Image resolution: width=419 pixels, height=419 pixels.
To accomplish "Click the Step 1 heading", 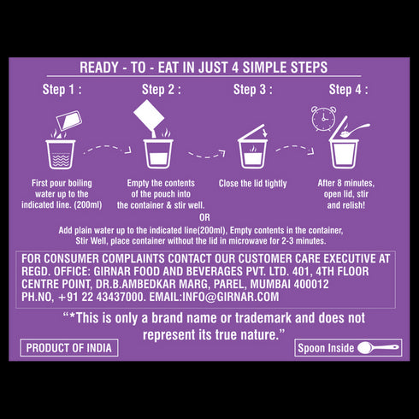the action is click(x=62, y=90).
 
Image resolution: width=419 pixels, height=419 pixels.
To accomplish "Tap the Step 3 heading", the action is click(x=253, y=90).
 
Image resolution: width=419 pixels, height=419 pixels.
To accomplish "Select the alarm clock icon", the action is click(x=323, y=119).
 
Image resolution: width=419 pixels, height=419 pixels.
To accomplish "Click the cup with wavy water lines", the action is click(x=61, y=154).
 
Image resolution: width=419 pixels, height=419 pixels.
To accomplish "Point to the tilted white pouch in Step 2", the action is click(x=149, y=115).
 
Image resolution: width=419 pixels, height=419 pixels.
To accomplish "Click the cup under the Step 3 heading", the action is click(x=252, y=154).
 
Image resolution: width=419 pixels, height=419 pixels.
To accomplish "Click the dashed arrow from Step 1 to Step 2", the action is click(x=108, y=148).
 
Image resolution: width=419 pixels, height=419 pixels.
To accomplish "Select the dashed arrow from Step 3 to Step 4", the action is click(x=295, y=149).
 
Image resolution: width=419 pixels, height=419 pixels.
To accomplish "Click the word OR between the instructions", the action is click(x=204, y=218).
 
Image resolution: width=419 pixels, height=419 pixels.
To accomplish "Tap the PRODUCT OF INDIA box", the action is click(x=69, y=348).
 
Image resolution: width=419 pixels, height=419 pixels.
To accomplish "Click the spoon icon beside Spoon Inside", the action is click(x=378, y=348).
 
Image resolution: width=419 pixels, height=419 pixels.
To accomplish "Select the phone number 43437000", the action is click(x=120, y=297).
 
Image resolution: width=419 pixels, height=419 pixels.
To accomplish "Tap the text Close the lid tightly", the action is click(x=252, y=184).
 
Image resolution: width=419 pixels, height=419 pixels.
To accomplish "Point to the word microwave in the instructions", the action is click(x=248, y=241).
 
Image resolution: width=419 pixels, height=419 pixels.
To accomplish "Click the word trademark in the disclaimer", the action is click(x=263, y=318).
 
